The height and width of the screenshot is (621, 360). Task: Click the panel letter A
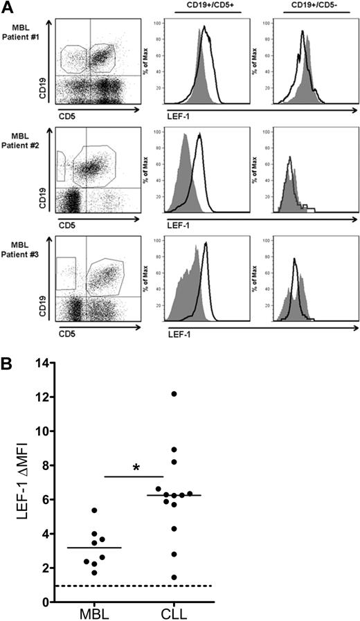pyautogui.click(x=8, y=8)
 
